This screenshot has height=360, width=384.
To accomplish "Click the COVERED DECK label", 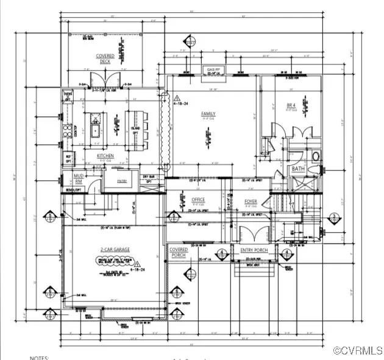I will [x=105, y=58].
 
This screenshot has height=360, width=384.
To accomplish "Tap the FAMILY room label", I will [x=209, y=114].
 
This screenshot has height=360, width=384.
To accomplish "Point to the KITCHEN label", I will [x=105, y=156].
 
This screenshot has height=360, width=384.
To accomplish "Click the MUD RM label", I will [x=78, y=178].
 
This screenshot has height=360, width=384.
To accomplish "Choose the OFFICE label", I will [x=198, y=200].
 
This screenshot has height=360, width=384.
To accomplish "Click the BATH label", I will [x=298, y=168].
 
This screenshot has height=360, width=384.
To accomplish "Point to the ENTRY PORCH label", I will [x=255, y=250].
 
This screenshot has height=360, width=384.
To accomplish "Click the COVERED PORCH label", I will [x=179, y=252].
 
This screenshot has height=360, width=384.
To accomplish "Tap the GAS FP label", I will [x=213, y=70].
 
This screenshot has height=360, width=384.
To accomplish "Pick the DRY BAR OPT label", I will [x=148, y=178].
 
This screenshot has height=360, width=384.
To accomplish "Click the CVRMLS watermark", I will [x=358, y=350].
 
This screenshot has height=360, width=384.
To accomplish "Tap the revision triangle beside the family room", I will [x=177, y=97].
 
